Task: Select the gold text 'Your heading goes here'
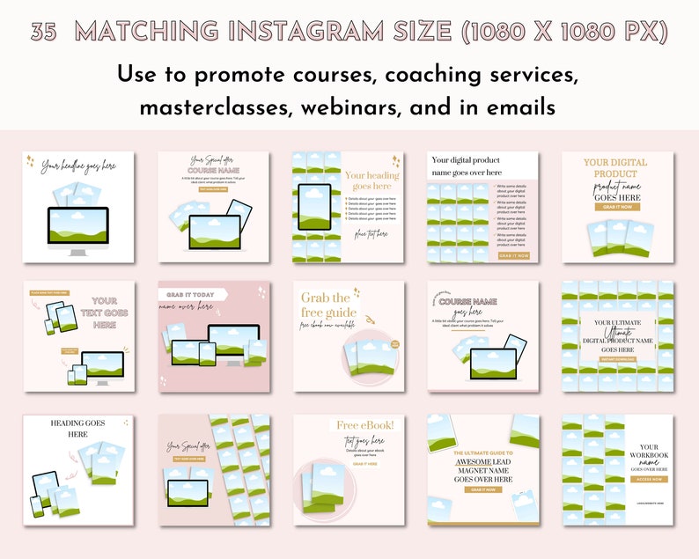coord(371,180)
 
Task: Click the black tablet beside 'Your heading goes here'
coord(314,207)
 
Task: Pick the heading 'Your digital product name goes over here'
coord(465,165)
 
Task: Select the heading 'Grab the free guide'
coord(328,305)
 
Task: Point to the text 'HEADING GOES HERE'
coord(78,428)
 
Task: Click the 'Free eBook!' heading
coord(364,426)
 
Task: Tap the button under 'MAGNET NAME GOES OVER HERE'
coord(482,489)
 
